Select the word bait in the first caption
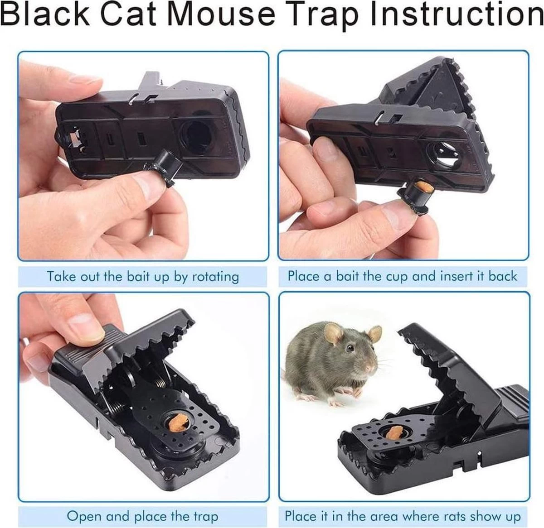(x=138, y=276)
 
